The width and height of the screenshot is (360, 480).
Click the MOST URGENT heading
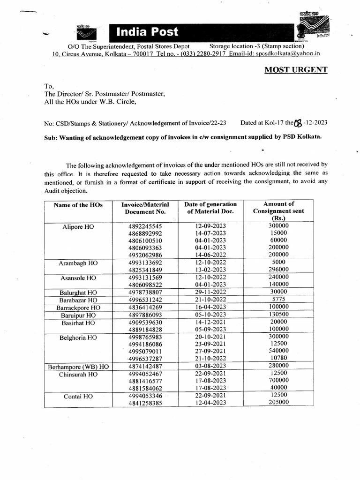point(296,70)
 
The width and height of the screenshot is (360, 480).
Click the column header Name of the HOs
point(78,205)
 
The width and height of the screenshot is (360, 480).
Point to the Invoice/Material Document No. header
point(145,208)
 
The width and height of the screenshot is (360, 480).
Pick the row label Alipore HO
point(78,226)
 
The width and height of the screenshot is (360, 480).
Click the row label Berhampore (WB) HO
point(78,367)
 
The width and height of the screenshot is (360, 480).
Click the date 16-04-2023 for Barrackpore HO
point(211,307)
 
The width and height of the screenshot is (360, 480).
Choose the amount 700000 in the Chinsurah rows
point(278,381)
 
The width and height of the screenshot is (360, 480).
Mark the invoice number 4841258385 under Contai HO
point(145,402)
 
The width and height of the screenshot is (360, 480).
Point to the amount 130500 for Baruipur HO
point(278,315)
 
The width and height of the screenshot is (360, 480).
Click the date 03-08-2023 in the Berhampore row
point(211,366)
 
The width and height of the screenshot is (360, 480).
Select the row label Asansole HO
point(78,278)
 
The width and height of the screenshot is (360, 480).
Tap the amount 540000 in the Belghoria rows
point(278,351)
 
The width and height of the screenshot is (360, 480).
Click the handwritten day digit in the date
point(297,123)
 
